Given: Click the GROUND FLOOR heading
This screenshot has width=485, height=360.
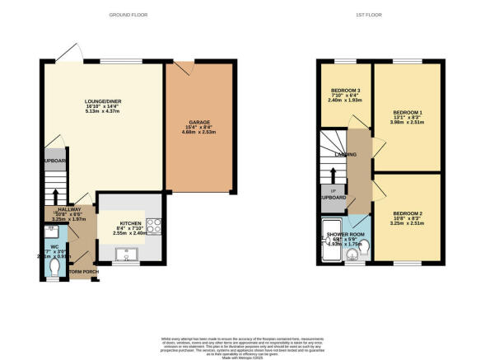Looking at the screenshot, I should pos(128,16).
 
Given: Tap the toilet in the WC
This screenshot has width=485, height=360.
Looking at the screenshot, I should pos(55,269).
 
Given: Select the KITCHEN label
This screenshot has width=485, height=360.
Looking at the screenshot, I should pos(131,223).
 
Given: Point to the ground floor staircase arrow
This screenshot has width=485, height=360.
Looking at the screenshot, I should pos(55,195).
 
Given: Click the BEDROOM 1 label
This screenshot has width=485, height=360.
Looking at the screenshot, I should pos(408,112).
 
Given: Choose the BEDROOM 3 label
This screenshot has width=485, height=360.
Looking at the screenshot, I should pos(344,90).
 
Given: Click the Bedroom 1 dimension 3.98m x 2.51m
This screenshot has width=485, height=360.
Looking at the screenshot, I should pos(408,124).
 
